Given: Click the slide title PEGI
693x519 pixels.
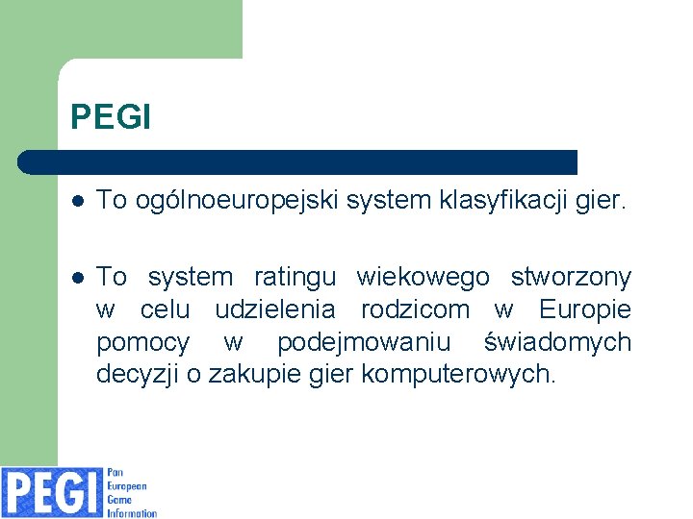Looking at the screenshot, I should (x=111, y=117).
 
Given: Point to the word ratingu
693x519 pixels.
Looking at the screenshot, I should (x=295, y=278).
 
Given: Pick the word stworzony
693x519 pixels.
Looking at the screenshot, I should (x=571, y=278).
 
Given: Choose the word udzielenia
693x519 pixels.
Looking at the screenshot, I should (x=275, y=310).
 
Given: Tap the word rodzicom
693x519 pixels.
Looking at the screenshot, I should (x=416, y=310).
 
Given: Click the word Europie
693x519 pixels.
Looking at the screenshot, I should (x=585, y=310).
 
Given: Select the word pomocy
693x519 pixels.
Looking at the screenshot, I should (x=143, y=343).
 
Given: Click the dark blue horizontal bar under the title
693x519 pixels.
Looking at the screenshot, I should (x=298, y=161).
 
